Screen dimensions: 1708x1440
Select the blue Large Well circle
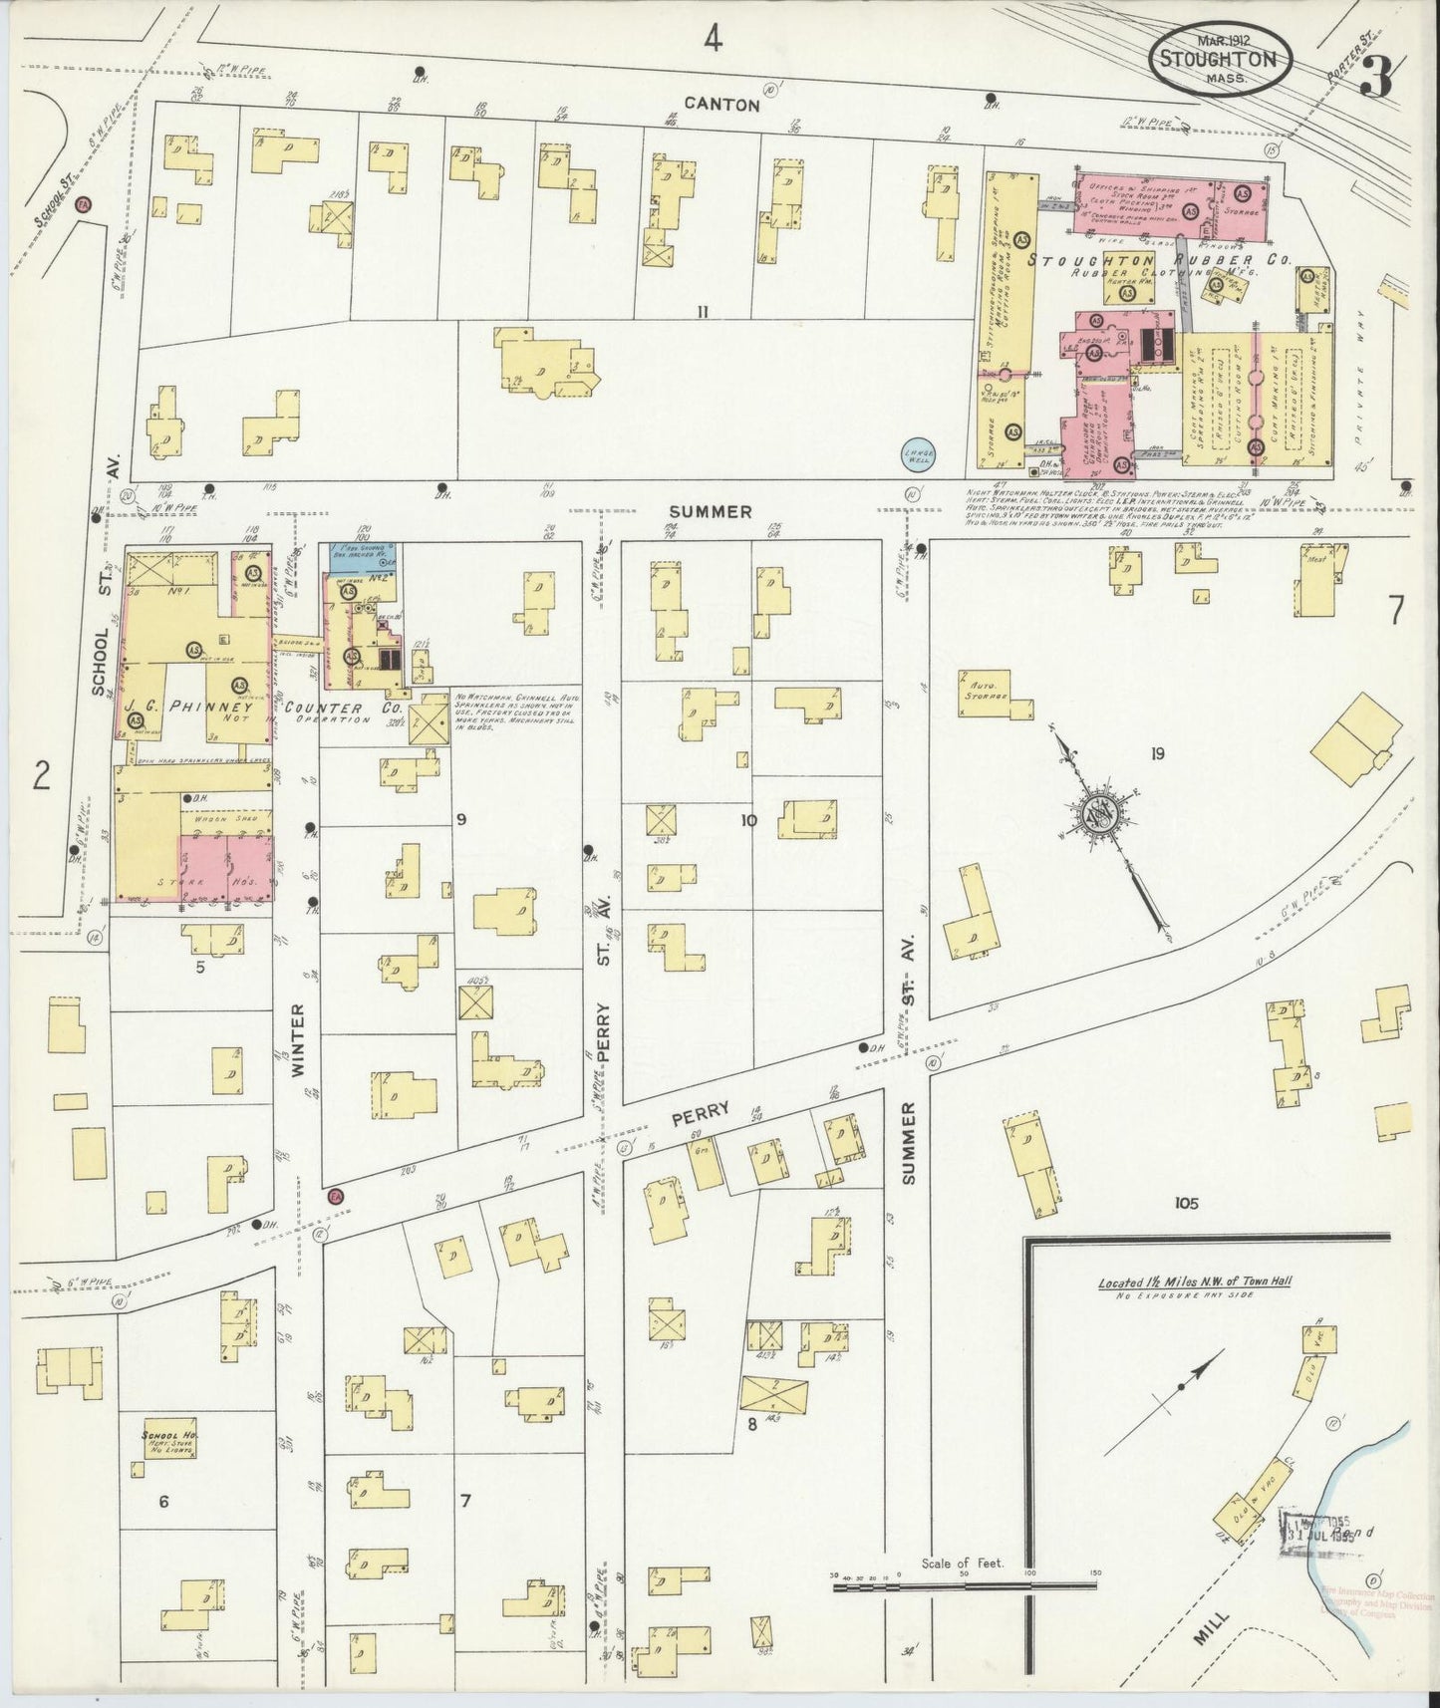pos(918,452)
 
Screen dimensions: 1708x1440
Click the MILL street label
pos(1211,1633)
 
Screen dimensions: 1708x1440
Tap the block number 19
pos(1156,753)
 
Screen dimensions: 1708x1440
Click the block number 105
pos(1185,1203)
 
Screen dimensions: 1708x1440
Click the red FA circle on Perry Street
pos(335,1195)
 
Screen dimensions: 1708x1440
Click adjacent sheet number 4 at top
pos(712,38)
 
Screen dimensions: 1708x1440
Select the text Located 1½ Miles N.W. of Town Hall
pos(1194,1281)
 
